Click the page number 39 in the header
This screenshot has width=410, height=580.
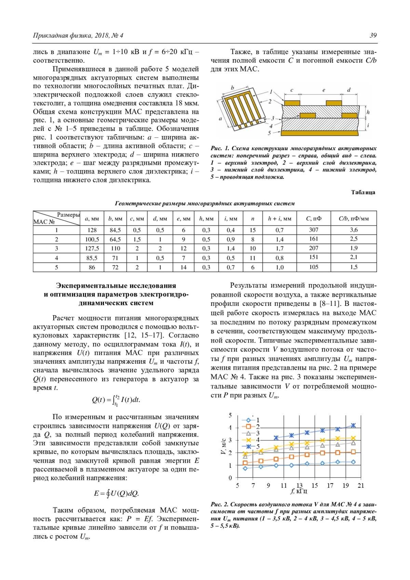373,36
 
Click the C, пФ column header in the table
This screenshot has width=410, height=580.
313,218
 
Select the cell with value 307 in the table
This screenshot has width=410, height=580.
313,230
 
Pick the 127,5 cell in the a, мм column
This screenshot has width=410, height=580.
92,248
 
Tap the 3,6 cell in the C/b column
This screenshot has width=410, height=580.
354,230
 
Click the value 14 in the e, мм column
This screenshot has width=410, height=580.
183,267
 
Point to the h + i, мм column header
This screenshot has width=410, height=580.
279,218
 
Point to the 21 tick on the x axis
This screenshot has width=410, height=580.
361,486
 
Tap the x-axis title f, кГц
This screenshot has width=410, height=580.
299,491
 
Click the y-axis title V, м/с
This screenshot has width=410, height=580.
223,446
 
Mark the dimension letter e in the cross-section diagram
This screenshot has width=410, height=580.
324,90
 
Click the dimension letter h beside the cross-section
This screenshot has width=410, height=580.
368,112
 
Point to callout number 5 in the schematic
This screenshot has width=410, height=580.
269,133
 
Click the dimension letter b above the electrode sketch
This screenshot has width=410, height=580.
232,88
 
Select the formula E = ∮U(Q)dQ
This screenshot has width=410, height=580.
116,494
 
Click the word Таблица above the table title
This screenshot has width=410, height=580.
363,192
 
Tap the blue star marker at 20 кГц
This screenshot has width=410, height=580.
353,426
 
